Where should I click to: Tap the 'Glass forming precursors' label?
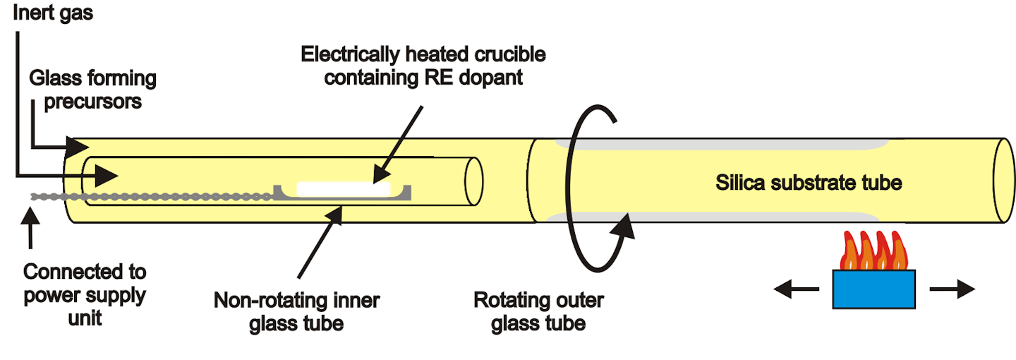click(92, 89)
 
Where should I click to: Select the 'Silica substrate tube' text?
click(809, 183)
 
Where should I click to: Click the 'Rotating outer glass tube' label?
click(538, 311)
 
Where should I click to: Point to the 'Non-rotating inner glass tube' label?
click(296, 311)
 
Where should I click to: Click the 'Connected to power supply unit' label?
click(85, 294)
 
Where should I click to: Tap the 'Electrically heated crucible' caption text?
click(423, 54)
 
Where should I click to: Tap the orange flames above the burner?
click(873, 251)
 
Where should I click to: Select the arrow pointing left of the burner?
click(797, 288)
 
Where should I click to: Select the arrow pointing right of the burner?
click(952, 288)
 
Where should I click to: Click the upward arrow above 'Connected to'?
click(30, 229)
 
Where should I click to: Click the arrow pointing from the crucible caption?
click(399, 141)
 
